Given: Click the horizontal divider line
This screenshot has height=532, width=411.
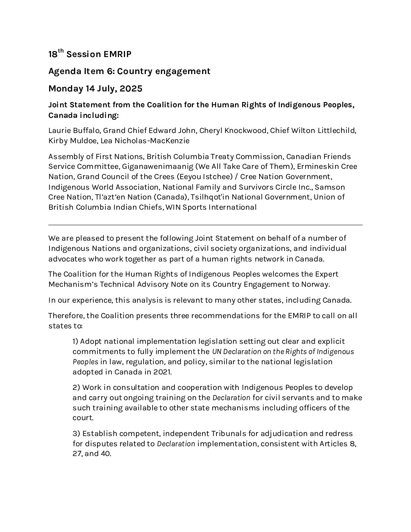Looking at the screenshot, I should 205,225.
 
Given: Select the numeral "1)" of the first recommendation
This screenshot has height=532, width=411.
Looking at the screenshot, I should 75,342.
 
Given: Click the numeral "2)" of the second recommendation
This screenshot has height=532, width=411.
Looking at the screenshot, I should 76,388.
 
